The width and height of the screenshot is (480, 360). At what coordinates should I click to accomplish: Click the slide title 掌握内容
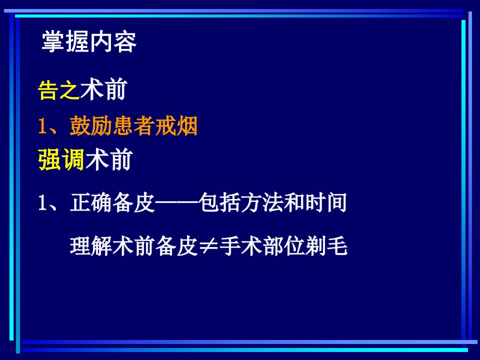click(x=89, y=41)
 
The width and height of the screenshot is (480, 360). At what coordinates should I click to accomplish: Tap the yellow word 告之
click(x=59, y=90)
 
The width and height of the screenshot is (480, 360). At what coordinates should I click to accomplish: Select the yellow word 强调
click(x=61, y=160)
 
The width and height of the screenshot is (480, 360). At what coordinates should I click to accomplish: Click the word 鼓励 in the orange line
click(x=91, y=126)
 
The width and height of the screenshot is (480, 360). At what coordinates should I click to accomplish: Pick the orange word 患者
click(x=133, y=126)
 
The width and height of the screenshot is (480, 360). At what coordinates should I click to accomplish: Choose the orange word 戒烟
click(x=176, y=126)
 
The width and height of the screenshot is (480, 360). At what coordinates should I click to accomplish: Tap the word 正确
click(x=91, y=202)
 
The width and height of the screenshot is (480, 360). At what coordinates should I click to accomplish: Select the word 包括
click(x=219, y=202)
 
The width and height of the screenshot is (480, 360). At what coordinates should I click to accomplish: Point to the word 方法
click(x=262, y=202)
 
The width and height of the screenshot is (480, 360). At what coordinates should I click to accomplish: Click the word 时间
click(x=326, y=202)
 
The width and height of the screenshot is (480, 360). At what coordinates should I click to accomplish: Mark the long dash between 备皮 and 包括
click(x=176, y=202)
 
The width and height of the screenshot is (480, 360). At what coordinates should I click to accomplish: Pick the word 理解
click(x=91, y=246)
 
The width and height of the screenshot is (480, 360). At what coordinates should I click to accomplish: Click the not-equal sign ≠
click(x=208, y=246)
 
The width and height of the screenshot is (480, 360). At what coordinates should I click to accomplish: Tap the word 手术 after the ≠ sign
click(x=240, y=246)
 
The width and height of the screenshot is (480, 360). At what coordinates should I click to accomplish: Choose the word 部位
click(x=283, y=246)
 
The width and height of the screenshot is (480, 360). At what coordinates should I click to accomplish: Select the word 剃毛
click(x=326, y=246)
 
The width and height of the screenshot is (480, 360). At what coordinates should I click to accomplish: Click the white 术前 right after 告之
click(x=103, y=89)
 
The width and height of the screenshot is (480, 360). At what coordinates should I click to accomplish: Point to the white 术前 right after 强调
click(x=108, y=159)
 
